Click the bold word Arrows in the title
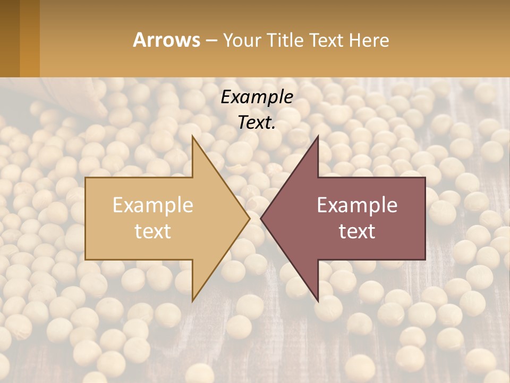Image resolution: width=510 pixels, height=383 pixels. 166,40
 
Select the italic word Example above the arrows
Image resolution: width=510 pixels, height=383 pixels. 257,97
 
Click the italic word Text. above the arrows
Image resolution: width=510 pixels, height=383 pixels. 257,123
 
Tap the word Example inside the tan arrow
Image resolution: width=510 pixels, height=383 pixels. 153,205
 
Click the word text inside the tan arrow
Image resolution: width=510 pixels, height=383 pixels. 153,231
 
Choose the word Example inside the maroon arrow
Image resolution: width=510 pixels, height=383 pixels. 357,205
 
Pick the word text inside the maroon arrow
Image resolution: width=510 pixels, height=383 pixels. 357,231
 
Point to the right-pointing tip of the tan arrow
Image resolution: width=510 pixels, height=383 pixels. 249,218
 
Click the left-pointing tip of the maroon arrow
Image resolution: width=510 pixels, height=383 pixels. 262,218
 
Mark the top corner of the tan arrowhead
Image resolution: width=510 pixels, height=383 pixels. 193,137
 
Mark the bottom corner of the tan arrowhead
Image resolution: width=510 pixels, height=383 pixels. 193,300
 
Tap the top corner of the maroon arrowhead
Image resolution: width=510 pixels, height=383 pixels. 318,137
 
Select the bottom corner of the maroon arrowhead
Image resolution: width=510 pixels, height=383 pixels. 318,300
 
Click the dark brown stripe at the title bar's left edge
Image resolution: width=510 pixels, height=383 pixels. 10,38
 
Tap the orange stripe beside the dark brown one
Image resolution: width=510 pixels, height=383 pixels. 30,38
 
